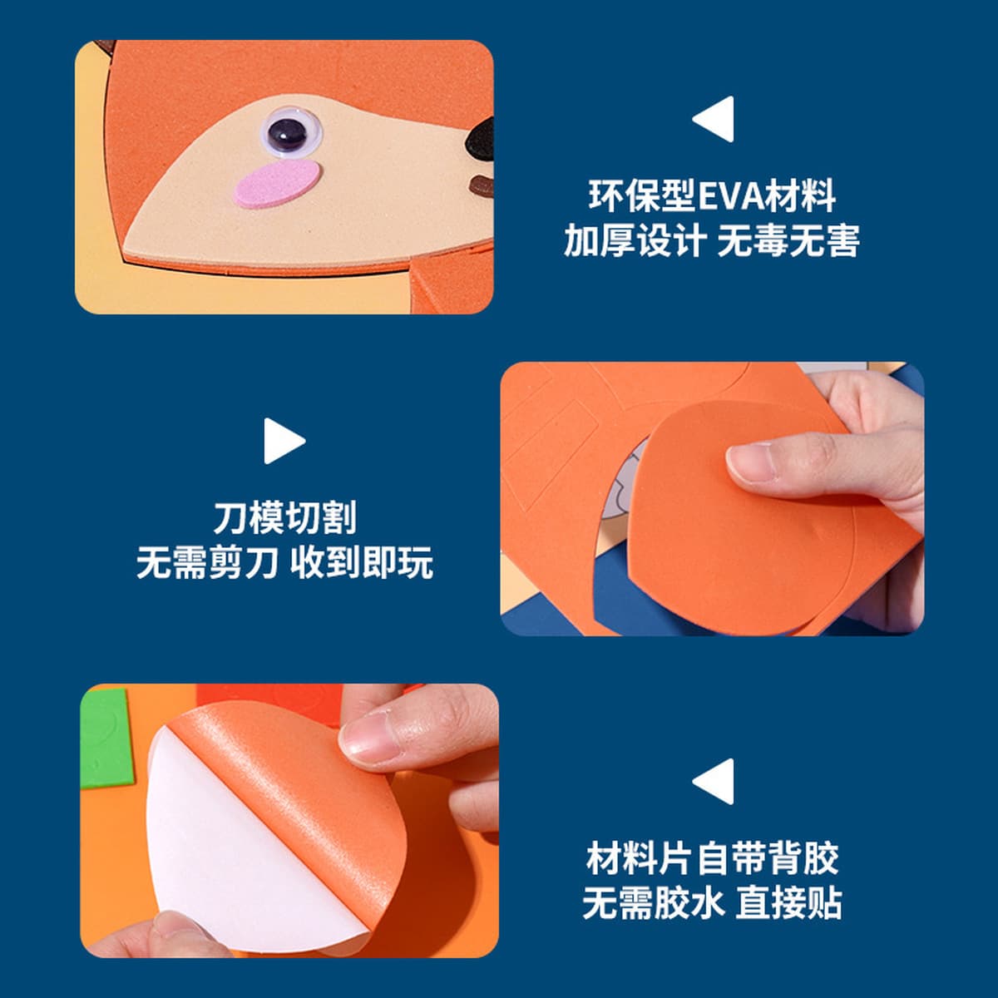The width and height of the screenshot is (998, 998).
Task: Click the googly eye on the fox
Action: (x=291, y=131)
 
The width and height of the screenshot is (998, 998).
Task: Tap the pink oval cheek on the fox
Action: (x=277, y=183)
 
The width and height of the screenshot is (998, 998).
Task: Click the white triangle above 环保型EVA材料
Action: (x=714, y=119)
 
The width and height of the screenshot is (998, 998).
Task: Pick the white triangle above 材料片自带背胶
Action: (x=714, y=781)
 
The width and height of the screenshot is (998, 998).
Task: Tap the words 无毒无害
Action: (x=788, y=240)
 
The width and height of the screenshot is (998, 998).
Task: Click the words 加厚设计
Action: (x=635, y=240)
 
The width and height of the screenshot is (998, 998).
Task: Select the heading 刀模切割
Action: (x=285, y=518)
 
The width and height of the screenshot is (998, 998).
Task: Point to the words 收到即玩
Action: (x=362, y=563)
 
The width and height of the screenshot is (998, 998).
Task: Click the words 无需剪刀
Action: (x=208, y=563)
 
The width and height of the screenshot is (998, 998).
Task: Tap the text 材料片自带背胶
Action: (x=713, y=858)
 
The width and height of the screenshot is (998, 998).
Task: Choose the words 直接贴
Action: (x=788, y=904)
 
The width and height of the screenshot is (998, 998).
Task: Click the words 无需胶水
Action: (x=654, y=904)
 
